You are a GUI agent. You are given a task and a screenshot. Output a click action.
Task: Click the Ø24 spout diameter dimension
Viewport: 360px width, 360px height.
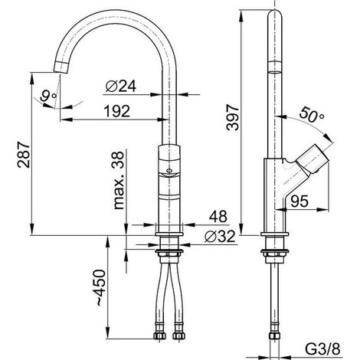pyautogui.click(x=121, y=87)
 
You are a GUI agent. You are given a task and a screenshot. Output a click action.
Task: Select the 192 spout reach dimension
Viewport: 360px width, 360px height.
pyautogui.click(x=117, y=111)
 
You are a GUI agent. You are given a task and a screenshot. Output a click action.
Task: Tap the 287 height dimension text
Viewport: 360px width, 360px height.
pyautogui.click(x=24, y=155)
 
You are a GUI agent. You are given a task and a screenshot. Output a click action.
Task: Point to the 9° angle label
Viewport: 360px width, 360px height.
pyautogui.click(x=48, y=97)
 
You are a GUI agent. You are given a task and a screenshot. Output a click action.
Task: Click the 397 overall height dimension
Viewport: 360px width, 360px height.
pyautogui.click(x=233, y=117)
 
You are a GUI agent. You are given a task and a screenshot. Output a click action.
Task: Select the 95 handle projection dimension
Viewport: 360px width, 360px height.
pyautogui.click(x=299, y=201)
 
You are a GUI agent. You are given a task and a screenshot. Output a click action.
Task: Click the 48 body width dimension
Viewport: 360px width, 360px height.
pyautogui.click(x=218, y=216)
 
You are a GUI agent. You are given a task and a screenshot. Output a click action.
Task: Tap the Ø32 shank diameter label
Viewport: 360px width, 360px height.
pyautogui.click(x=220, y=236)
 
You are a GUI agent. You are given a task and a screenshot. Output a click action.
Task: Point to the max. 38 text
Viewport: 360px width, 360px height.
pyautogui.click(x=118, y=181)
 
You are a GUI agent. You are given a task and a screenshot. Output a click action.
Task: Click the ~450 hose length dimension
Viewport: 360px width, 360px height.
pyautogui.click(x=101, y=287)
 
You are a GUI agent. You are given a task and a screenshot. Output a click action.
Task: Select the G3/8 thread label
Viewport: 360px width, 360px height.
pyautogui.click(x=322, y=349)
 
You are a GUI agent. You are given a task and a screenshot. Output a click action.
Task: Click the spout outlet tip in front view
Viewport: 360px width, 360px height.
pyautogui.click(x=61, y=68)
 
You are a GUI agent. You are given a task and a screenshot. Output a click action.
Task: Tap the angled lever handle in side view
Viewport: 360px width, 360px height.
pyautogui.click(x=312, y=159)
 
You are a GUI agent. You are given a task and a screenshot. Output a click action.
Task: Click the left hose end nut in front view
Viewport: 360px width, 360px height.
pyautogui.click(x=159, y=335)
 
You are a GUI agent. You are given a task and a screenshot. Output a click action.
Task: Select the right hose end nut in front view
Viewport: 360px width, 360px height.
pyautogui.click(x=178, y=335)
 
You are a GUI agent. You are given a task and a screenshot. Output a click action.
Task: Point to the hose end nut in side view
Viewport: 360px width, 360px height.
pyautogui.click(x=275, y=335)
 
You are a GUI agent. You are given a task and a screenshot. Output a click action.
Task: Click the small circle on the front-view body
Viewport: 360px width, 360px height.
pyautogui.click(x=169, y=171)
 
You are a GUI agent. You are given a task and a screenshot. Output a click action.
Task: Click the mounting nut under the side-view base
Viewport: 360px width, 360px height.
pyautogui.click(x=275, y=253)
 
